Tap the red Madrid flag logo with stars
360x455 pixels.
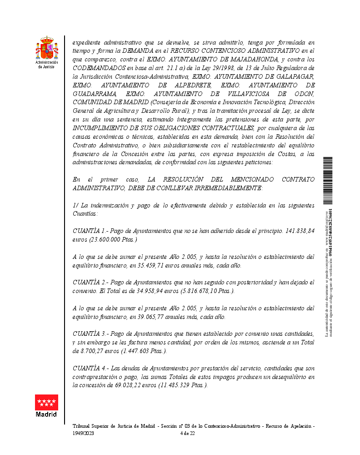46,402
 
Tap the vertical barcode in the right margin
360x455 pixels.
328,180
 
